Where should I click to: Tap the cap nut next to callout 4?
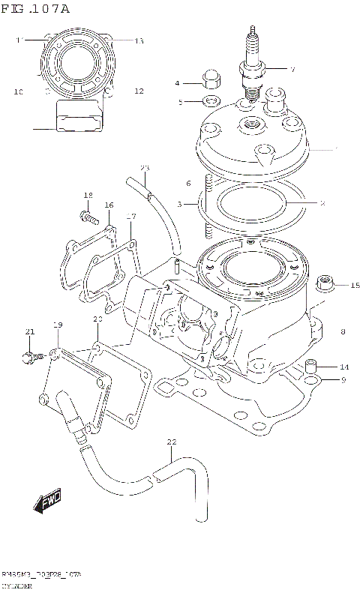pos(210,79)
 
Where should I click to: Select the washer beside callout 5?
pos(211,100)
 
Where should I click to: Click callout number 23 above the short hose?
pos(145,167)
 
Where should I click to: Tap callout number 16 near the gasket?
pos(109,205)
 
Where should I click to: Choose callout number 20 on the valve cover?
pos(97,320)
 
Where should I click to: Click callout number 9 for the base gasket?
pos(343,380)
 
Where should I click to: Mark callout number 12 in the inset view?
pos(139,91)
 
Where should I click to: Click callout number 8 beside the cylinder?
pos(343,331)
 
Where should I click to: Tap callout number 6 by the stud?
pos(188,182)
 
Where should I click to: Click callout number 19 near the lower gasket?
pos(57,324)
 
